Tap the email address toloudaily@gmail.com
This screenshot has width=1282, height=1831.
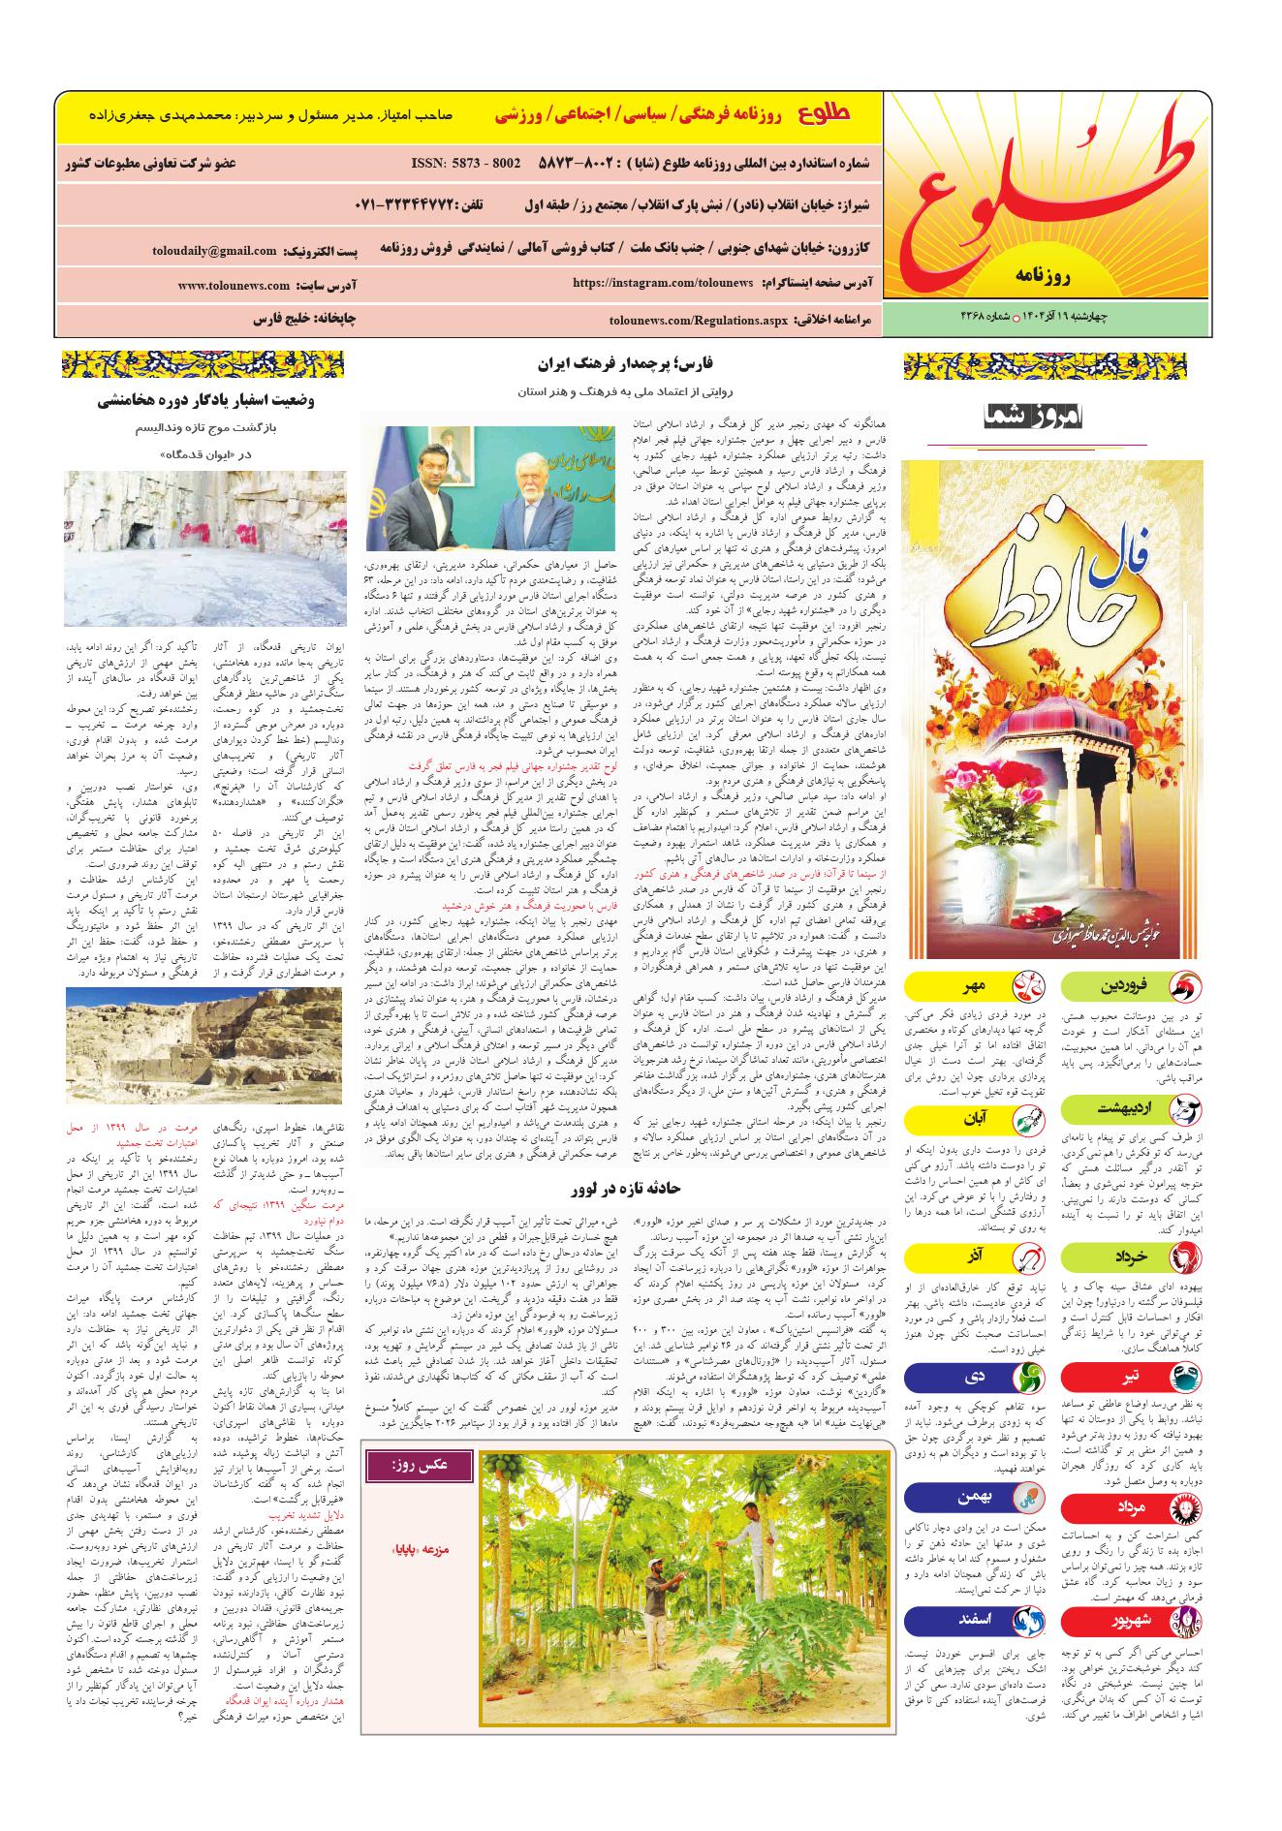(214, 250)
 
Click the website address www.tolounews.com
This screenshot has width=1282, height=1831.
(234, 286)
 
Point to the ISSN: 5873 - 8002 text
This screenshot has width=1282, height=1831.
(466, 163)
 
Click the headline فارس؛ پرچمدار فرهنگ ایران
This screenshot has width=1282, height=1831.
(625, 364)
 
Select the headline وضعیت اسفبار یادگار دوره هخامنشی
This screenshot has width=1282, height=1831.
(205, 399)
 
